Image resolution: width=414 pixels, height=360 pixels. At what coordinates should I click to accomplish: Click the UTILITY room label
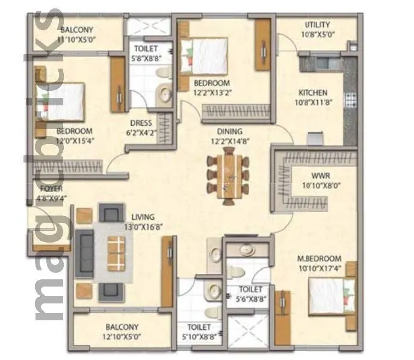317,25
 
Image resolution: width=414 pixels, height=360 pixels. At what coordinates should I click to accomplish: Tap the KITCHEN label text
314,93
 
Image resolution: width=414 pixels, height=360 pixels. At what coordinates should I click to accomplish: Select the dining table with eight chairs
227,175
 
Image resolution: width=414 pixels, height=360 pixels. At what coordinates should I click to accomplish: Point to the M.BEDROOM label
320,258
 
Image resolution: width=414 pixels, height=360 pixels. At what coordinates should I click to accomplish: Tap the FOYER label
44,188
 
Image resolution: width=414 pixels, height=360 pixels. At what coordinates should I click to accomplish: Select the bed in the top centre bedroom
205,54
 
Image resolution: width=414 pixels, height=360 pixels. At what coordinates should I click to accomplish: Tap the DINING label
230,131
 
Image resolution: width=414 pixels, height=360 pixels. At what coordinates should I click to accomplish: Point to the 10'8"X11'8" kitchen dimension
314,102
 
